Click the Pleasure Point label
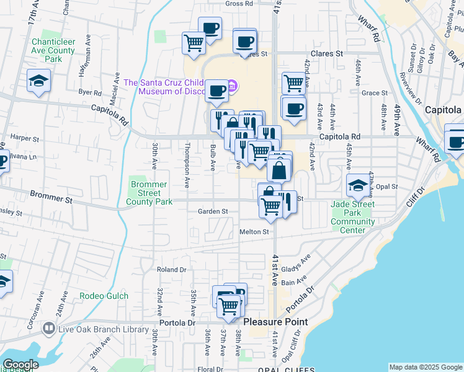(x=275, y=322)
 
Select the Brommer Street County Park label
(x=149, y=193)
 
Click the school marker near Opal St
(x=357, y=185)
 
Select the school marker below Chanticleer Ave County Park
(x=38, y=81)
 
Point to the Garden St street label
(x=213, y=211)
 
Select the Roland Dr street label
(x=171, y=270)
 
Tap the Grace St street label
(x=374, y=93)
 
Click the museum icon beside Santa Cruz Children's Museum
(x=232, y=85)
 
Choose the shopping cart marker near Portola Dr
(x=229, y=307)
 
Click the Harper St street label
(x=25, y=139)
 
